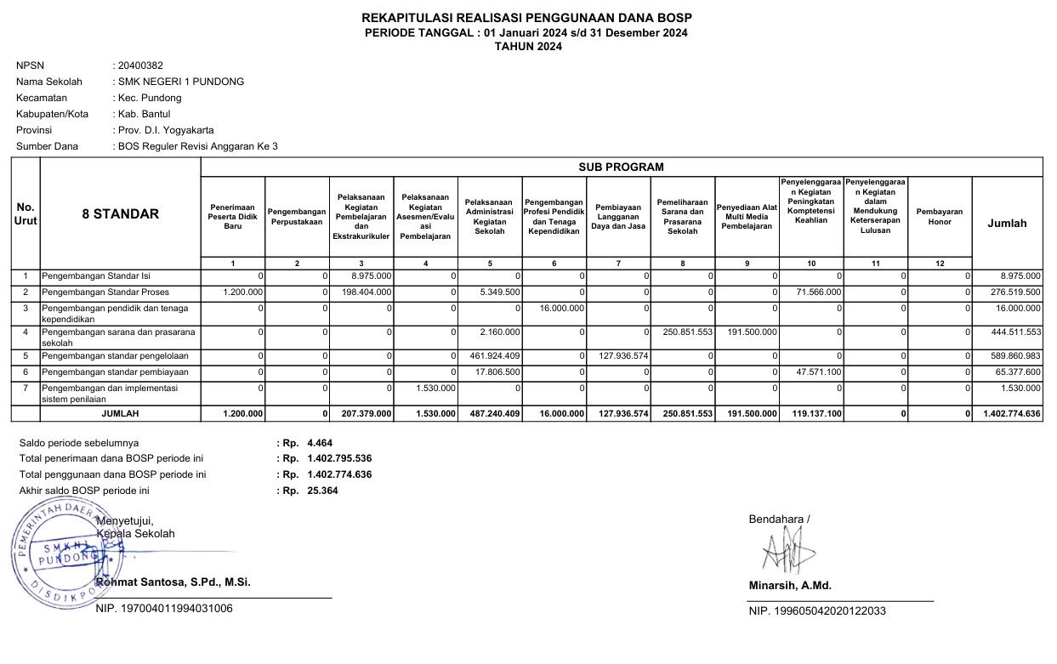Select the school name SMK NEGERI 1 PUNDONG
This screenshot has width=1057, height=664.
[181, 82]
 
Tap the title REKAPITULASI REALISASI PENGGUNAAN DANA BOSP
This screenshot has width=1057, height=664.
[526, 18]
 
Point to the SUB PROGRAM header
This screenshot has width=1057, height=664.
[621, 167]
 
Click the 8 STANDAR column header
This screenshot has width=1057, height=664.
[120, 214]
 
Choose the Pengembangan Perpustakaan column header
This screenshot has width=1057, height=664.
[297, 217]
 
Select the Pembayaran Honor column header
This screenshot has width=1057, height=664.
[940, 217]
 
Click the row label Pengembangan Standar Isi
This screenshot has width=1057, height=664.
[96, 276]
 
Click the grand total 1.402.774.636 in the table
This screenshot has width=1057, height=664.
[1009, 414]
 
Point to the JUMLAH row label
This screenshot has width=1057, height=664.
[120, 414]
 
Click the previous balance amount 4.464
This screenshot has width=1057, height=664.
[320, 443]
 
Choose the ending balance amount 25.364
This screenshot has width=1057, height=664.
[322, 491]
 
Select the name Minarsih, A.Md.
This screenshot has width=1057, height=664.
[790, 586]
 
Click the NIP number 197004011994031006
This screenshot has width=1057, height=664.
[164, 609]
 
